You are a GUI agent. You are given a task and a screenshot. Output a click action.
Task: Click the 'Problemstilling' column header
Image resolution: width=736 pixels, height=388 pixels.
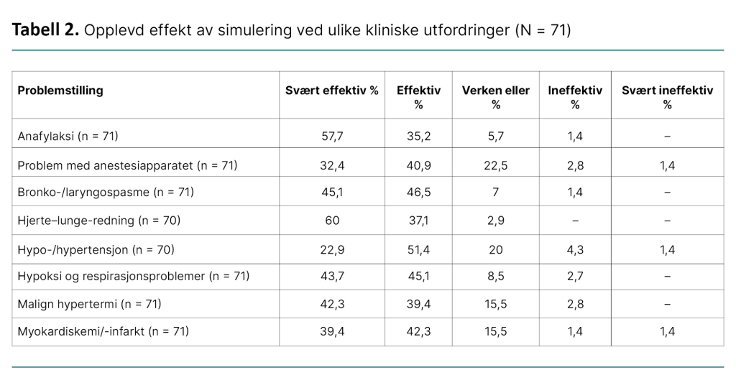tap(60, 91)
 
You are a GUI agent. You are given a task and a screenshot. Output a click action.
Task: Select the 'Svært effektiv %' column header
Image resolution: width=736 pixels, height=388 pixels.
tap(331, 91)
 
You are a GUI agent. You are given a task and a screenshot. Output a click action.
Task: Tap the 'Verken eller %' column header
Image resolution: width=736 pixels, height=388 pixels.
tap(495, 97)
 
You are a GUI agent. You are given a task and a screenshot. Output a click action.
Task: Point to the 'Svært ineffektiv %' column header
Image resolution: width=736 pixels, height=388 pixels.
tap(667, 97)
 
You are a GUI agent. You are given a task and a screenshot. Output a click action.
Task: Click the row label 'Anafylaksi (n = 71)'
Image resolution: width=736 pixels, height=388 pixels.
tap(68, 135)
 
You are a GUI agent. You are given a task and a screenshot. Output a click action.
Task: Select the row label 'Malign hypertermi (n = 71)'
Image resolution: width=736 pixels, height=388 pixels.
tap(89, 304)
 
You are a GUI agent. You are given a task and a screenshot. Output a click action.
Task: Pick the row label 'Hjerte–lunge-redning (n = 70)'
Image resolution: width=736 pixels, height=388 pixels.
tap(98, 221)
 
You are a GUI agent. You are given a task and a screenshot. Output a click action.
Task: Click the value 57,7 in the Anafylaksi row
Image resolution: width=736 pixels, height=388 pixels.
tap(331, 135)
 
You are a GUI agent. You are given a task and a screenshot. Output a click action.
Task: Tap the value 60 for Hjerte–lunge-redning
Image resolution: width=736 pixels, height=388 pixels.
tap(331, 221)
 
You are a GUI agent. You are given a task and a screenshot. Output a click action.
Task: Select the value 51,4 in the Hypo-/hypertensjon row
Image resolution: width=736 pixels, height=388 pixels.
tap(418, 249)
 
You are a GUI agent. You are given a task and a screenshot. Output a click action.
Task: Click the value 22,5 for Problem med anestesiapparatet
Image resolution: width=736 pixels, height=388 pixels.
tap(495, 165)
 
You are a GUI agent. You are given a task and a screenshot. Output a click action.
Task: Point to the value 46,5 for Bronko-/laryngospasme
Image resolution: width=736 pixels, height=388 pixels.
tap(418, 192)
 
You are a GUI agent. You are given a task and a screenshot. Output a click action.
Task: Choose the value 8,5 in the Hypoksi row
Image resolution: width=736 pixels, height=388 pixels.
tap(495, 276)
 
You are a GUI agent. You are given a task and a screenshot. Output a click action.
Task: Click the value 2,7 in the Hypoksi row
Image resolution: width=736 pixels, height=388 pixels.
tap(575, 276)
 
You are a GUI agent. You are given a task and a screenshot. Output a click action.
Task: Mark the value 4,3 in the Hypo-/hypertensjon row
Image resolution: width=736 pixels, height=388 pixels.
tap(575, 249)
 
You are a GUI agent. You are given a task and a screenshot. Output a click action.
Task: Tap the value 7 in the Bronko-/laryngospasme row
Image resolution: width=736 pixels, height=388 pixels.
tap(495, 192)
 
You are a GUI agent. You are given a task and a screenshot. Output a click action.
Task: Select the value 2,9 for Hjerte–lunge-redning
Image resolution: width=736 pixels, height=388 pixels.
tap(495, 221)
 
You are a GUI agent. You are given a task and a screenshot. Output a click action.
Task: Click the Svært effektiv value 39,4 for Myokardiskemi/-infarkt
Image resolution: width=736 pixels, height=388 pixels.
tap(331, 331)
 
